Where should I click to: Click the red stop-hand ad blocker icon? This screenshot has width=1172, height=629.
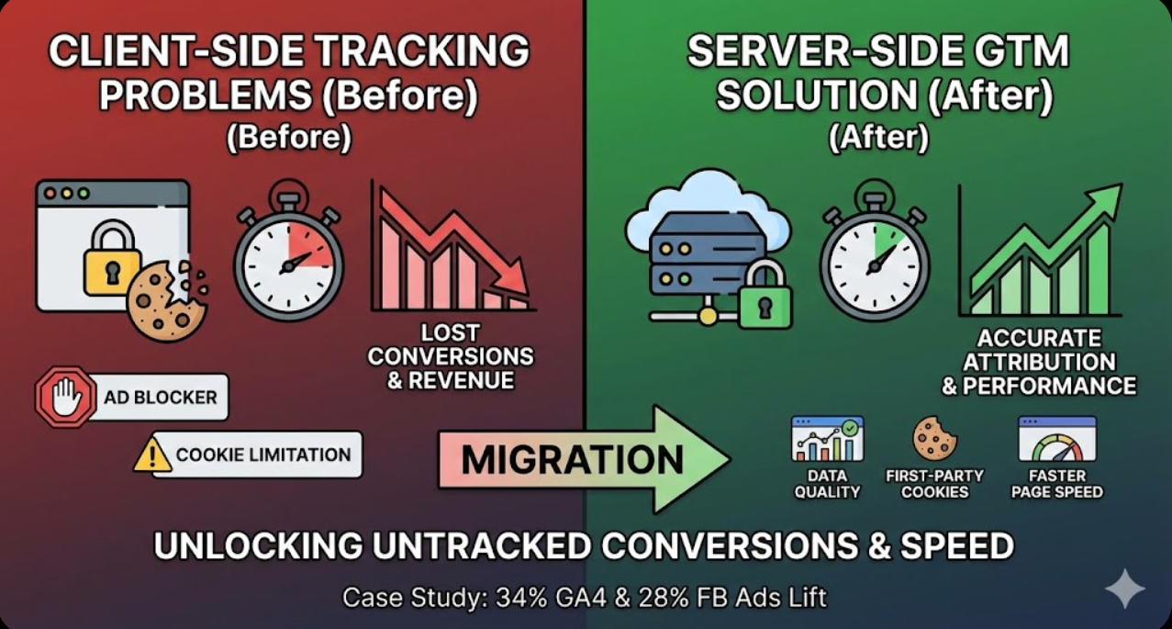(x=64, y=398)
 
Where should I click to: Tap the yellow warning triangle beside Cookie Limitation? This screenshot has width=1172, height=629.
(x=152, y=455)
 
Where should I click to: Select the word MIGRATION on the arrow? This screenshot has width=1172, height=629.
(x=573, y=459)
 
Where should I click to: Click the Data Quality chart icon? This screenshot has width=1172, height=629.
(x=827, y=439)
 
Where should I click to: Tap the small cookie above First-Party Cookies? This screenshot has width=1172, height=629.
(x=934, y=438)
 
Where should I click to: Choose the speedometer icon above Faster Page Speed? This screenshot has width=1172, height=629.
(x=1056, y=440)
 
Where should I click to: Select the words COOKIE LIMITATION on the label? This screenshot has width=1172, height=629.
(x=263, y=455)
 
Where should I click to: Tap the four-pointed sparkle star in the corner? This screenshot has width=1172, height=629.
(x=1124, y=589)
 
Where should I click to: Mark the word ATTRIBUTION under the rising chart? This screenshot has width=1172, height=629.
(x=1039, y=362)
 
